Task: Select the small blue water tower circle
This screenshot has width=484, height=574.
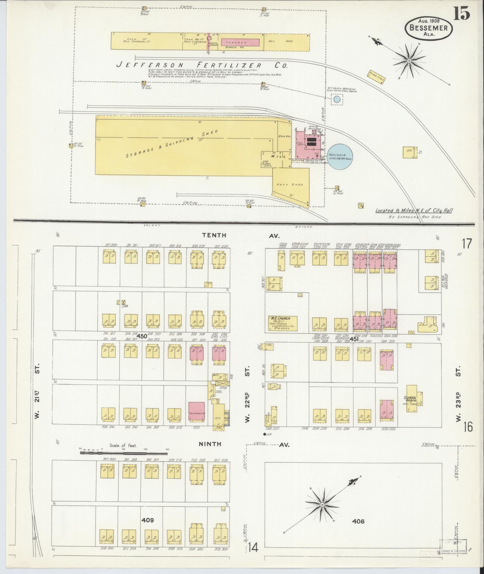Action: click(337, 99)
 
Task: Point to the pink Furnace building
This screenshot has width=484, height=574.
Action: click(240, 42)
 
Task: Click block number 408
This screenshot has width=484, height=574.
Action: click(358, 521)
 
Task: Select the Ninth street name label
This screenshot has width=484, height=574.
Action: click(210, 444)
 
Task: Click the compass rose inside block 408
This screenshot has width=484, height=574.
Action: click(322, 505)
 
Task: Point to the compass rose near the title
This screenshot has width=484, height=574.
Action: click(408, 61)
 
